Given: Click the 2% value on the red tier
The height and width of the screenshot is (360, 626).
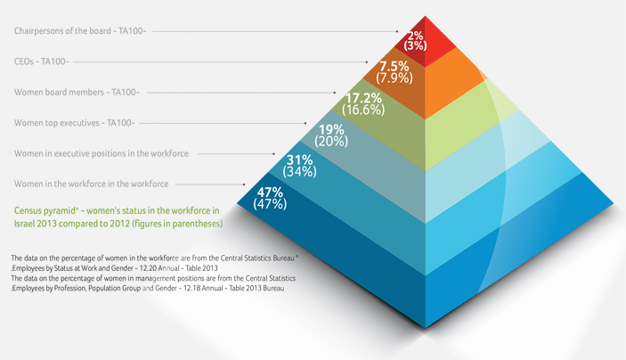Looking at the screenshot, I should point(415,35).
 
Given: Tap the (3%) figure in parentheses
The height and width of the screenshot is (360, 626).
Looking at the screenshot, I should point(415,45).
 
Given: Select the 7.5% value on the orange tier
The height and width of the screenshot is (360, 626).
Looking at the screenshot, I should point(394,67).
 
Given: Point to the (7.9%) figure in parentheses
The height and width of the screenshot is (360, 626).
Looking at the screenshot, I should point(394,78).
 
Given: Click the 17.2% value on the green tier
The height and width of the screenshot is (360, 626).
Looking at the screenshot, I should point(364,98).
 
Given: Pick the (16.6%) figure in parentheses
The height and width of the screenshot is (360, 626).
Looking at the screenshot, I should point(364,110).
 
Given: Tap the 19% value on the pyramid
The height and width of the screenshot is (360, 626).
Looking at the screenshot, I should point(331,130).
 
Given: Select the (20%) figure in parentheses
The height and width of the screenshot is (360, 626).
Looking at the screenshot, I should point(331,142).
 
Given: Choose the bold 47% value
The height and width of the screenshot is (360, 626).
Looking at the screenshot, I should point(269,192).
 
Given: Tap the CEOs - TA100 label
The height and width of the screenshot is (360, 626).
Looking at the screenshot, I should point(42,61).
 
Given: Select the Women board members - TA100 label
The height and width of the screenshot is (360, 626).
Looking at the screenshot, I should point(77,92).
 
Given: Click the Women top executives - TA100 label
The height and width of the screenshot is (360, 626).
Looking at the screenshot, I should point(74,122).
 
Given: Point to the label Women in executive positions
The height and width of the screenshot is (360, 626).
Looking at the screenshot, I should point(101,153).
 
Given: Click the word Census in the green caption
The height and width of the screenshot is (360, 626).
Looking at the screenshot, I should point(32,209).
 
